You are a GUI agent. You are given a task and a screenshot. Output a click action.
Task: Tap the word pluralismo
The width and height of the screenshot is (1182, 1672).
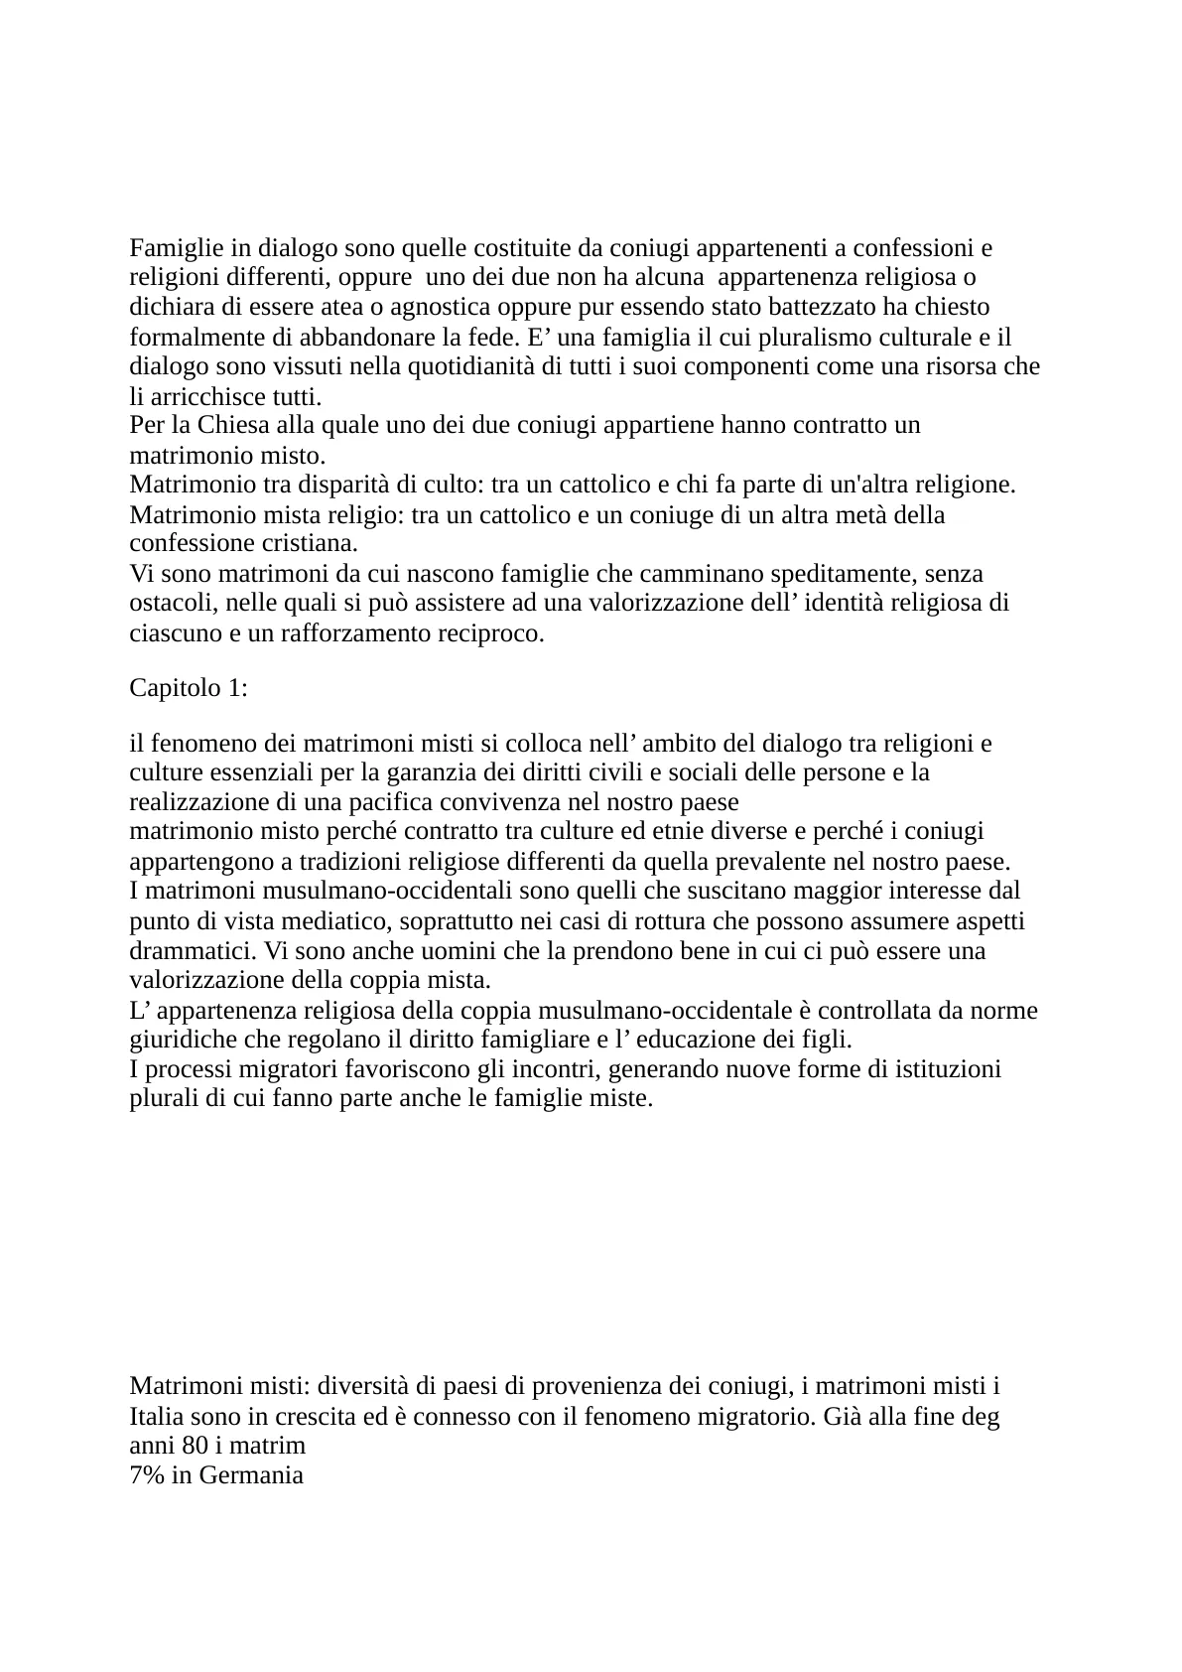(x=782, y=337)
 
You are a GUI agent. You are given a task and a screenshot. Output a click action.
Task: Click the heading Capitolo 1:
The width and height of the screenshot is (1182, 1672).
(x=189, y=688)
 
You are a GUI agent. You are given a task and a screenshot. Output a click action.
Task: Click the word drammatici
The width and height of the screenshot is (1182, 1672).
(x=187, y=951)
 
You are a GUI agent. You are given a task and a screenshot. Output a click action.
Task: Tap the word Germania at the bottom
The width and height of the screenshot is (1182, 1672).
(x=250, y=1474)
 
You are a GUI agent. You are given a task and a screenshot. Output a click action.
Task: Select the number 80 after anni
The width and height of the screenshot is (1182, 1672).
(x=196, y=1445)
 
